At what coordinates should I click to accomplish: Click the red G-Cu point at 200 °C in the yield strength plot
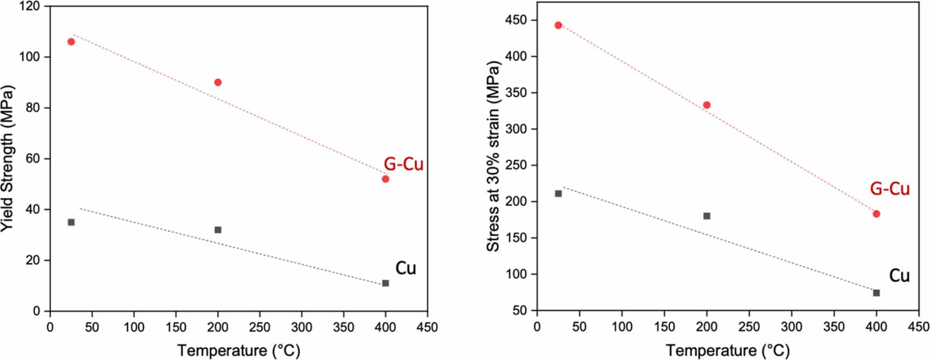(218, 83)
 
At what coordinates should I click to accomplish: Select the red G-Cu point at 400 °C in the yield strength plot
(385, 179)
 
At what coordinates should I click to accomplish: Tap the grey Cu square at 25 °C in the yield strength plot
(71, 222)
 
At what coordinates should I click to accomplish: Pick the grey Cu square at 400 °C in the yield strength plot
(385, 283)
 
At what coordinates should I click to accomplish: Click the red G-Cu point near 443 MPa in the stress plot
(558, 25)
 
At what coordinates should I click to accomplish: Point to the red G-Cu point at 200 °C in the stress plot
(707, 105)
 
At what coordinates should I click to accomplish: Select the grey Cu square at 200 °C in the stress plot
(707, 216)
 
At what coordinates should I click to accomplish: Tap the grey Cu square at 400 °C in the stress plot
(877, 293)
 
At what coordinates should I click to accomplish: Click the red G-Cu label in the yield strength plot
(404, 164)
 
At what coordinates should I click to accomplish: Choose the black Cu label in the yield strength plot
(406, 268)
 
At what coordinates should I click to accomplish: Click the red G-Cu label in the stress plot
(890, 189)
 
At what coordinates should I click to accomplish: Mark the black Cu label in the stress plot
(899, 276)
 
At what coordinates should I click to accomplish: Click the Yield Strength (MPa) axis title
(8, 159)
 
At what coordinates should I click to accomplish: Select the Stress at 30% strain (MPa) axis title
(493, 157)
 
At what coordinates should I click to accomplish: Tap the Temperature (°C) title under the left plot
(238, 350)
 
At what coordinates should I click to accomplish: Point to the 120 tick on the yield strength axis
(30, 6)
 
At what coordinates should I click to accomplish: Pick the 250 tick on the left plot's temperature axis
(259, 327)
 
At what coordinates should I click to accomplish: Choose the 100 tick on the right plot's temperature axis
(621, 327)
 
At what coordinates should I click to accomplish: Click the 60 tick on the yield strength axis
(33, 159)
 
